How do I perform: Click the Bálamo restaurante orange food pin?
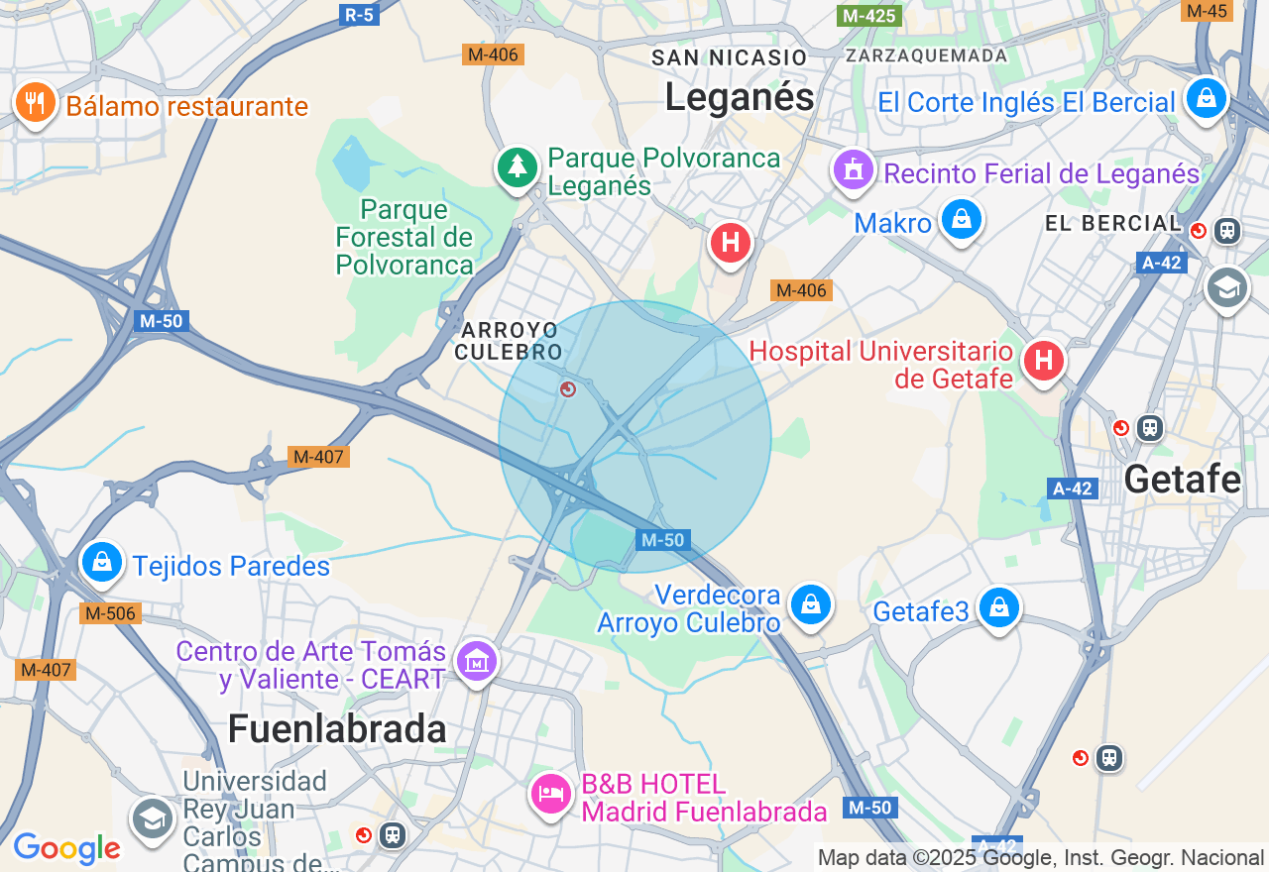(35, 102)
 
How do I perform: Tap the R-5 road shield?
(359, 14)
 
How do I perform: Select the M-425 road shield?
(867, 16)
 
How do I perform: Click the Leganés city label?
(739, 97)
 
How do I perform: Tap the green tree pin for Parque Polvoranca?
(517, 166)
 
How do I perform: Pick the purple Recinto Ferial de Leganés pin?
(853, 170)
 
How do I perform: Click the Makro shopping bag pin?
(961, 219)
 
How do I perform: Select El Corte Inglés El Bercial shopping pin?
(1206, 98)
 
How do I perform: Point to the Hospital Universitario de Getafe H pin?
(1043, 360)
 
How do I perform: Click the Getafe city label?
(1182, 480)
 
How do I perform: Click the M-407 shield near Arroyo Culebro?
(318, 457)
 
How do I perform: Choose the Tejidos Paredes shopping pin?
(101, 562)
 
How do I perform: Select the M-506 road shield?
(110, 613)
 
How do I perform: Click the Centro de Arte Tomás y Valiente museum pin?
(476, 660)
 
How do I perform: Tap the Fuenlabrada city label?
(337, 729)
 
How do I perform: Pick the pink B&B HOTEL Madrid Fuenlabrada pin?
(550, 793)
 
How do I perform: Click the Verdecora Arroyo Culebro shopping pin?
(811, 603)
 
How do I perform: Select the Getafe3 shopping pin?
(998, 606)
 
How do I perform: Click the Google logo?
(66, 849)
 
